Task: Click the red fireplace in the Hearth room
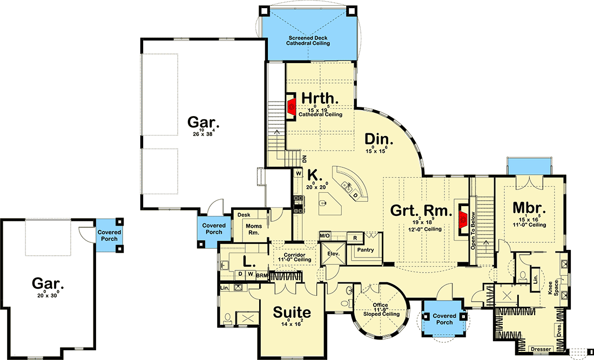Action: [291, 106]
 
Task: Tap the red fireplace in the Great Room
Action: [463, 218]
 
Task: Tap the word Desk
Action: [244, 215]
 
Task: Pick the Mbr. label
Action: [529, 208]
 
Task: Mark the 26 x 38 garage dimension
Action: [200, 133]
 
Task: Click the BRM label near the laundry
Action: [262, 275]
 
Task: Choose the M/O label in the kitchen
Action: [325, 236]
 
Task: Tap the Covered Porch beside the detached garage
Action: [109, 235]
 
